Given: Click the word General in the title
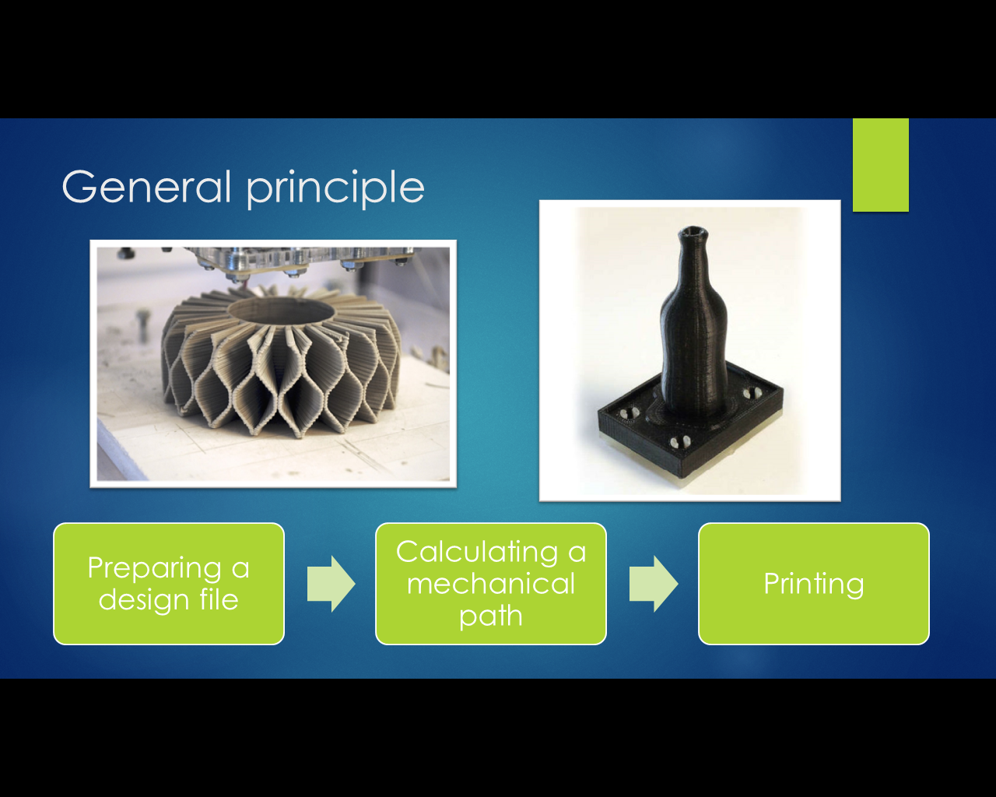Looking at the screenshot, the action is point(146,186).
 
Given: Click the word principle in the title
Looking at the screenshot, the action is point(335,189).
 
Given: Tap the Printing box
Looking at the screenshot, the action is point(814,584).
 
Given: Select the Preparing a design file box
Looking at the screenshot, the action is point(169,584).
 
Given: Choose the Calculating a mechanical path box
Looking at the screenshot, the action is point(490,584).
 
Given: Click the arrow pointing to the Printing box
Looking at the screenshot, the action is point(654,584).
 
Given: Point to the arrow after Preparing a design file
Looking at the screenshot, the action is point(331,584).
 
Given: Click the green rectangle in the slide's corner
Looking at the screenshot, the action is point(881,165).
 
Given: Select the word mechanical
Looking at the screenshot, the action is point(490,584).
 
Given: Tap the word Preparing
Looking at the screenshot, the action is point(155,569).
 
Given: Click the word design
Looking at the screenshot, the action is point(143,600).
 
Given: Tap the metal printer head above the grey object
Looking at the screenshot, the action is point(301,262).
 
